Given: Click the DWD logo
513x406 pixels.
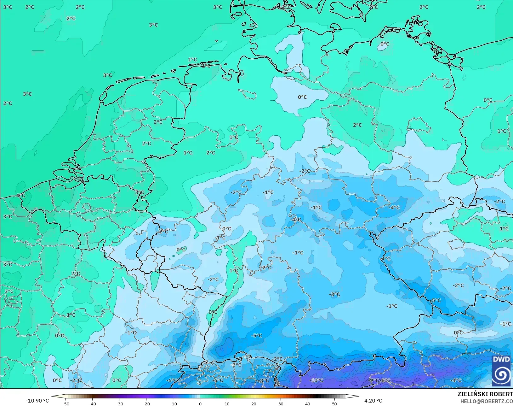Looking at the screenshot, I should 502,371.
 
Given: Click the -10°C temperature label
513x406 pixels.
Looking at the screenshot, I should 316,380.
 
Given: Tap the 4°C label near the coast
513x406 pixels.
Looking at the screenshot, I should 20,196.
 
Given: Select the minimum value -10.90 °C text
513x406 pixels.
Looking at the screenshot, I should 37,401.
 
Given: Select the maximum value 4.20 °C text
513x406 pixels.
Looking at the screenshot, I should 373,401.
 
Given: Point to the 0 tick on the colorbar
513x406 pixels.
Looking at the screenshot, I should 200,403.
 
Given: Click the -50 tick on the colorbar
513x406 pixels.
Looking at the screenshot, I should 66,403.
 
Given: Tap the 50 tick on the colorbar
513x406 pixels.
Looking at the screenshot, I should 334,403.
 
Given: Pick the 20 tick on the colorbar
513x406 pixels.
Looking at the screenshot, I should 254,403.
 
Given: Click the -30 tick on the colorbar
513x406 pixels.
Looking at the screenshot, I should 119,403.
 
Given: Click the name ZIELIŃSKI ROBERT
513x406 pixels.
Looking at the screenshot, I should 485,394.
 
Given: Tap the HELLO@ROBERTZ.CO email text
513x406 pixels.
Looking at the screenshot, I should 487,401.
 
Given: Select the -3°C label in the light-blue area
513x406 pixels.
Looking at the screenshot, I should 334,294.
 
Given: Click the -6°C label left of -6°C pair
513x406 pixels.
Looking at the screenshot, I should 172,380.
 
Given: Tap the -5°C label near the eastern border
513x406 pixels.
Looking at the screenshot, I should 436,300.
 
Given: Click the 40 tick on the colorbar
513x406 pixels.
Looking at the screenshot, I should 308,403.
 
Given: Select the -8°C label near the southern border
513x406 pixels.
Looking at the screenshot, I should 264,380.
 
